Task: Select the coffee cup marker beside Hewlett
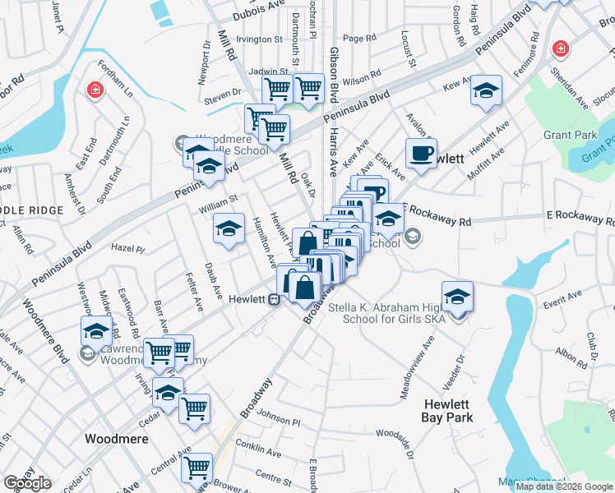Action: coord(421,153)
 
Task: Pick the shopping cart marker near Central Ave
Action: coord(197,468)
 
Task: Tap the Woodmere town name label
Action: coord(117,439)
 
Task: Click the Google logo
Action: coord(27,483)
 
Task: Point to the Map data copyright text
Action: coord(564,486)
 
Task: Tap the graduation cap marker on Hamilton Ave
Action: coord(229,228)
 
